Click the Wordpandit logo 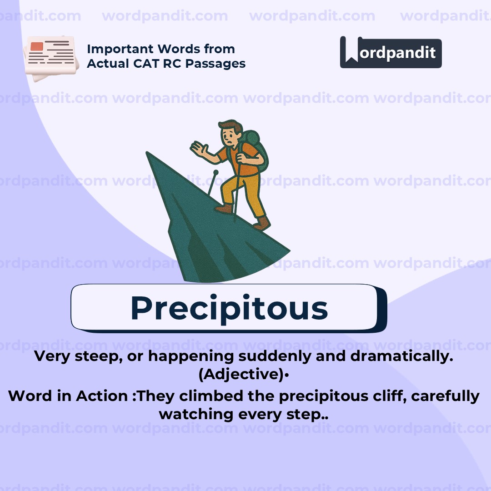coord(391,52)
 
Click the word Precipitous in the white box coord(229,308)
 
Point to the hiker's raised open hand coord(199,148)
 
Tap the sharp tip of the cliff coord(148,154)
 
